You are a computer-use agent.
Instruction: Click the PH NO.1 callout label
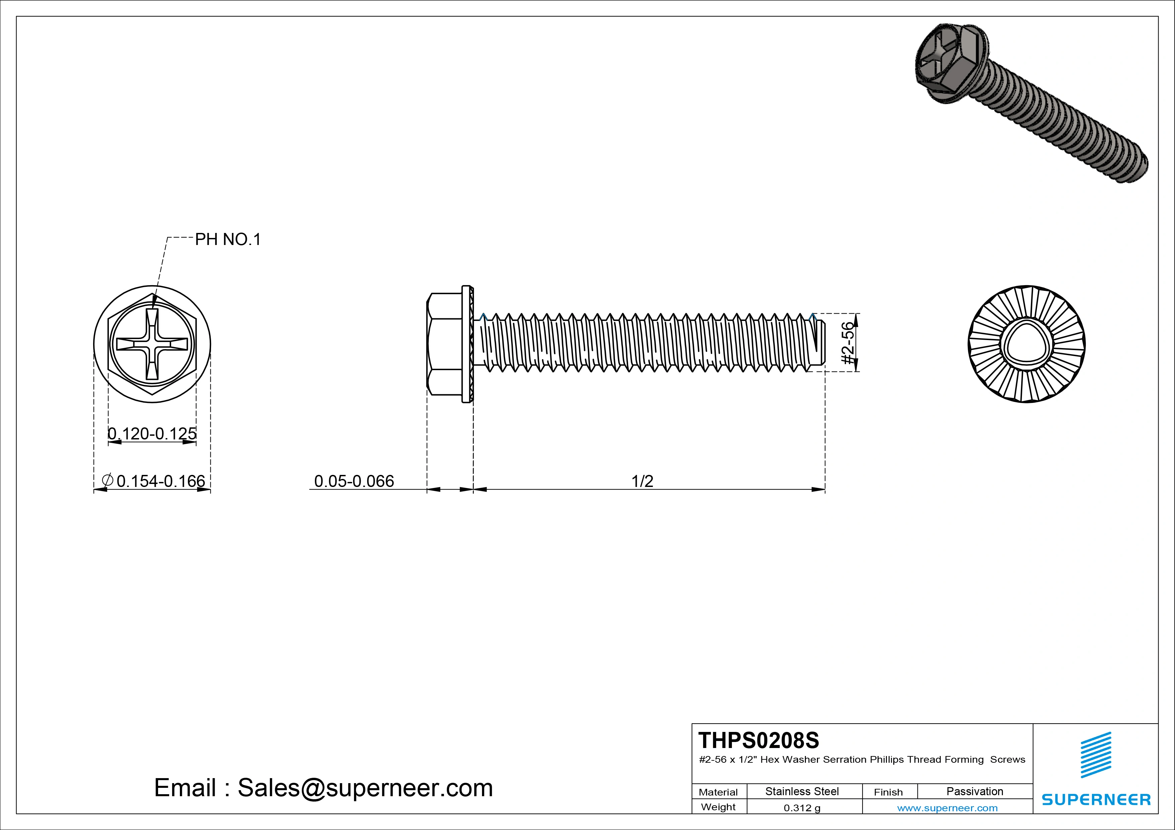228,239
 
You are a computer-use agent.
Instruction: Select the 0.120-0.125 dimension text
152,434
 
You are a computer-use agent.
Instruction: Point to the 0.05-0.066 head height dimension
354,481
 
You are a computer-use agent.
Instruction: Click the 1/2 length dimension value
642,481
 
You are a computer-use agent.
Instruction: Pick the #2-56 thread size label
848,343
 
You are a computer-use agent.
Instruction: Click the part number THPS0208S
758,740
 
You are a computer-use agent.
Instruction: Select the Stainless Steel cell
802,791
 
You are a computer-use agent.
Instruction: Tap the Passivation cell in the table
974,791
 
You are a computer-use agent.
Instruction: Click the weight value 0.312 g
802,808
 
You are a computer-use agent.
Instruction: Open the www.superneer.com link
947,808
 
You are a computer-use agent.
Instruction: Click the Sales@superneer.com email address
365,787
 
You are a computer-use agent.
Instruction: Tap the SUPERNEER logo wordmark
1096,799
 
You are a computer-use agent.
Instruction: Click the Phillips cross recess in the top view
152,344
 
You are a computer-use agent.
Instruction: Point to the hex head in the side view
444,344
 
